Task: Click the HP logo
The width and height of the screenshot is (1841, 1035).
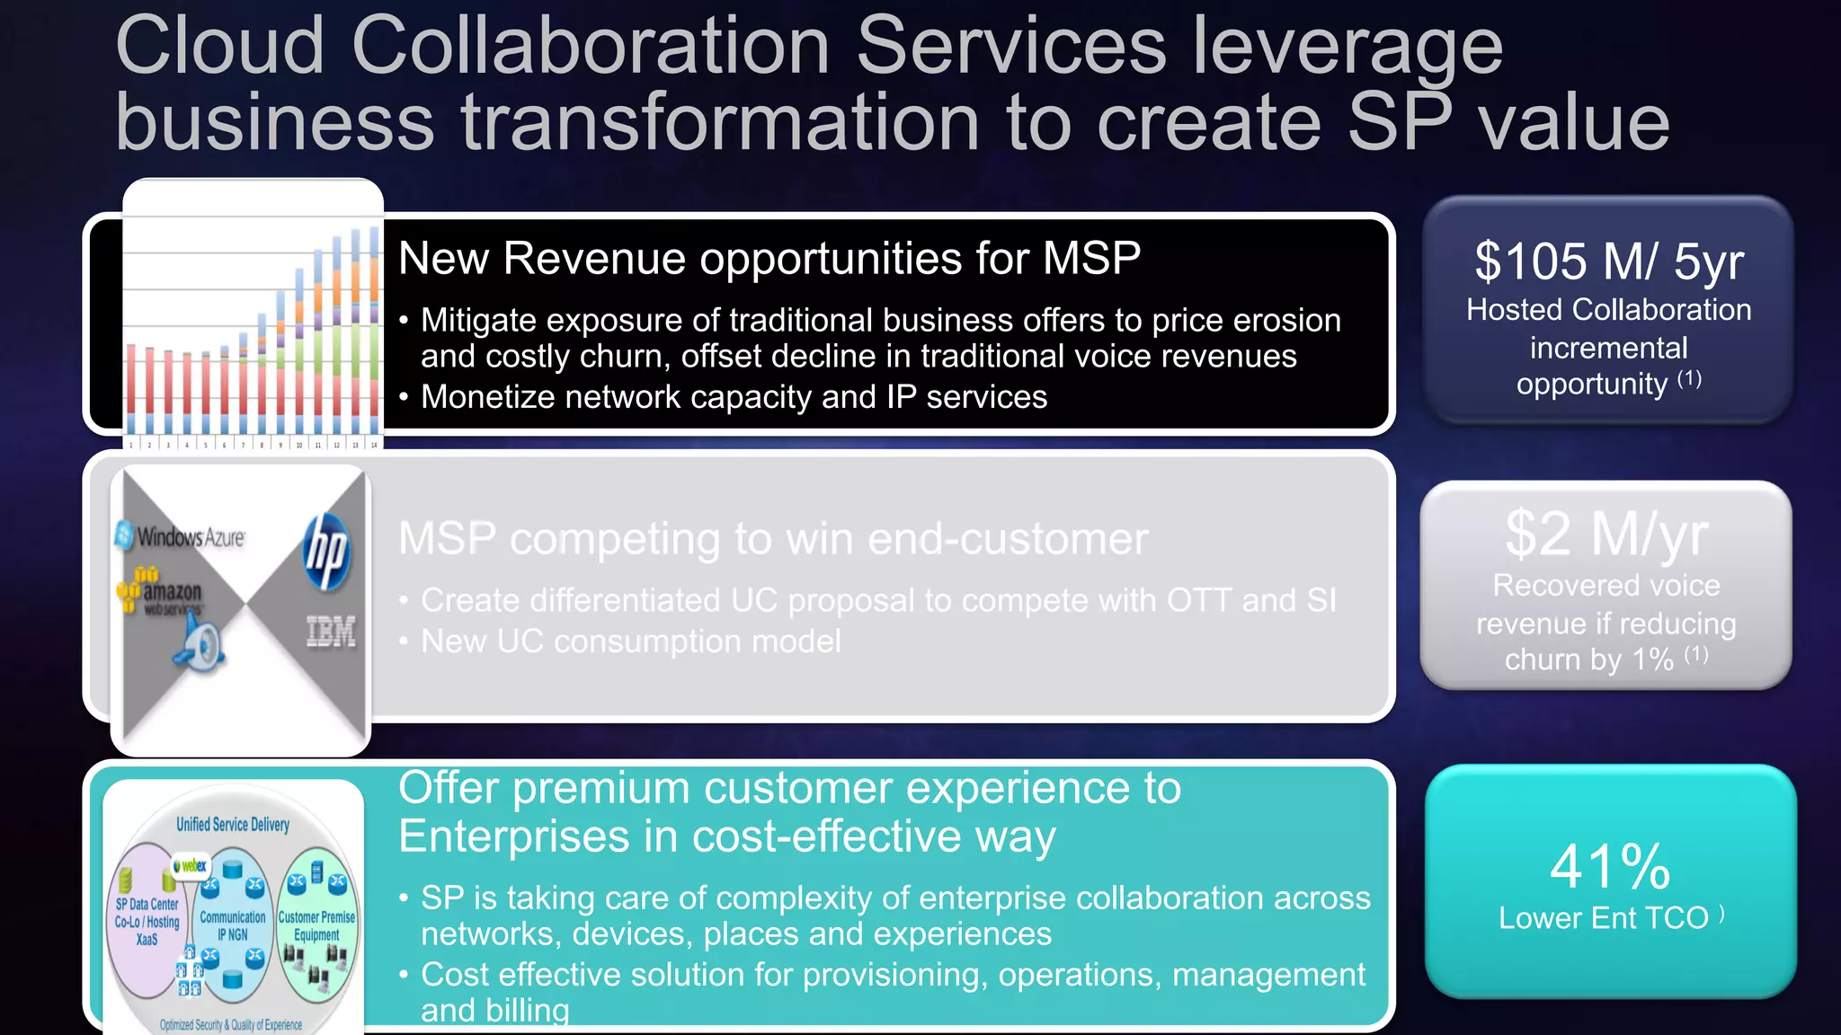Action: pos(326,552)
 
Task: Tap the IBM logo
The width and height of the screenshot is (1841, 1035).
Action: pos(331,632)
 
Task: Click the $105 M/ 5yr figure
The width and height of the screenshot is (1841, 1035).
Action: pos(1608,261)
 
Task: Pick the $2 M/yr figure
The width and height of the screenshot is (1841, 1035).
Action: pos(1606,534)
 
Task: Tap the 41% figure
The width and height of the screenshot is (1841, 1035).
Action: pos(1610,866)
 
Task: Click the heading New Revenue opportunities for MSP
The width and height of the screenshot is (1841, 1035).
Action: pos(769,259)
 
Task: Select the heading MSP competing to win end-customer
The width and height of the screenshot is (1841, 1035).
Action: pos(773,539)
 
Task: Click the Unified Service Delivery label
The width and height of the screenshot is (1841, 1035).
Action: pos(233,825)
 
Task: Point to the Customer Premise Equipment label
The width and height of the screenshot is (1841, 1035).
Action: pos(316,925)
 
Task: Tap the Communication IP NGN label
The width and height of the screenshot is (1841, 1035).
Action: pos(233,925)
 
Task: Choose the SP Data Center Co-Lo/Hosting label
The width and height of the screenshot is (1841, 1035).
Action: pos(147,921)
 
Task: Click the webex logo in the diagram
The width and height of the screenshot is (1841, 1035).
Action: pos(191,866)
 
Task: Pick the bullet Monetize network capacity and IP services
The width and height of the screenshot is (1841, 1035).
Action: pos(734,397)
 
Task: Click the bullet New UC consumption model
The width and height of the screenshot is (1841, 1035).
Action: pos(630,641)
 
